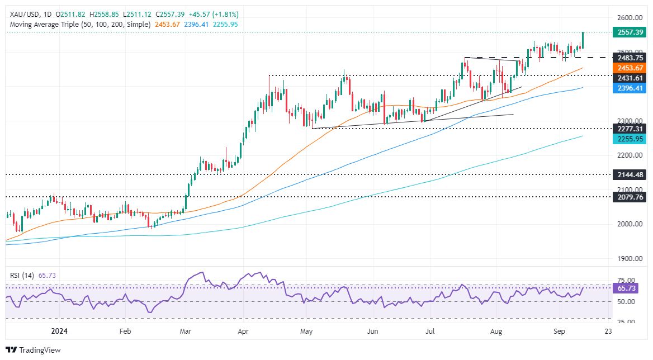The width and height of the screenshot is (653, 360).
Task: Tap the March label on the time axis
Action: (x=185, y=330)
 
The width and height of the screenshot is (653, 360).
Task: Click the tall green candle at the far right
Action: (x=583, y=40)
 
